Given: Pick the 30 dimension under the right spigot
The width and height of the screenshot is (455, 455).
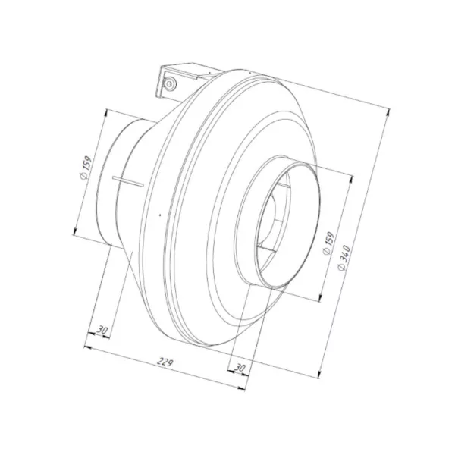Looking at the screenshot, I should tap(240, 368).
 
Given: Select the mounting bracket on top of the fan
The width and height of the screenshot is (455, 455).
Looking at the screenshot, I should tap(180, 80).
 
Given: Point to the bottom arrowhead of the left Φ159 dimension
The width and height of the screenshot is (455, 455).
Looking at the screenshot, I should tap(74, 233).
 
